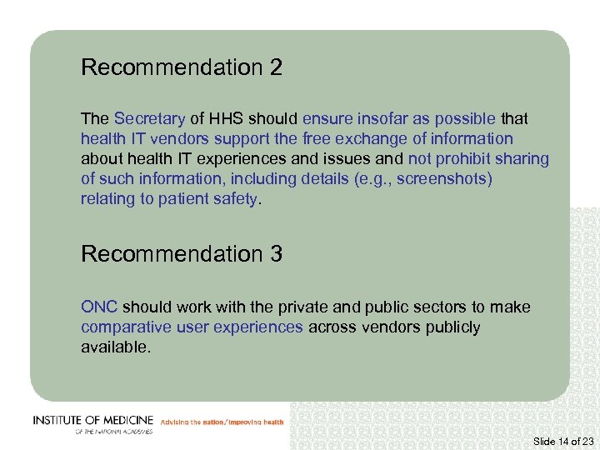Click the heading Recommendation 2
point(182,67)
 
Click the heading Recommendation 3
point(182,254)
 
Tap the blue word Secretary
point(149,119)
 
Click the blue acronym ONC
point(99,307)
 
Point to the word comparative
point(126,327)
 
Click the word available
point(116,347)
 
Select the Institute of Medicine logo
point(92,424)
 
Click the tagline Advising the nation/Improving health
point(222,422)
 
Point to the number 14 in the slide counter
point(563,441)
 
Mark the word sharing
point(523,159)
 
